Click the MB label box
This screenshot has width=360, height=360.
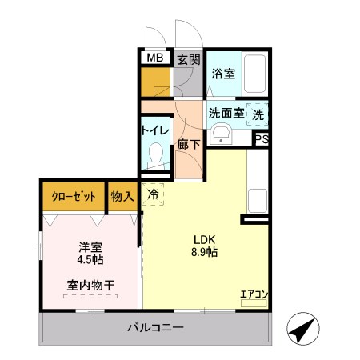[x=155, y=58]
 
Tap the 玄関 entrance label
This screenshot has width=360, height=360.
[x=188, y=58]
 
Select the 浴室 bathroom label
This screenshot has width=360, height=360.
[x=223, y=74]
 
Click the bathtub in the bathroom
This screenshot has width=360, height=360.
[x=254, y=74]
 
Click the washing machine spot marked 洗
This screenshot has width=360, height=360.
[x=258, y=114]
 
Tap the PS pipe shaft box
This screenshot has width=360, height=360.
[x=262, y=138]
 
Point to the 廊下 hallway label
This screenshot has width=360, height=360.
[x=189, y=146]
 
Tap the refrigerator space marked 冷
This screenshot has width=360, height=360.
[x=154, y=194]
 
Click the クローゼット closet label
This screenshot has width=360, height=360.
[x=74, y=197]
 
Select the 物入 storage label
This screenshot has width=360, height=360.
[x=122, y=197]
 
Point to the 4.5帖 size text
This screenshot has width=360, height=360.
[x=90, y=259]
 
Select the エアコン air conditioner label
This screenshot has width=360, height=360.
[x=254, y=294]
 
